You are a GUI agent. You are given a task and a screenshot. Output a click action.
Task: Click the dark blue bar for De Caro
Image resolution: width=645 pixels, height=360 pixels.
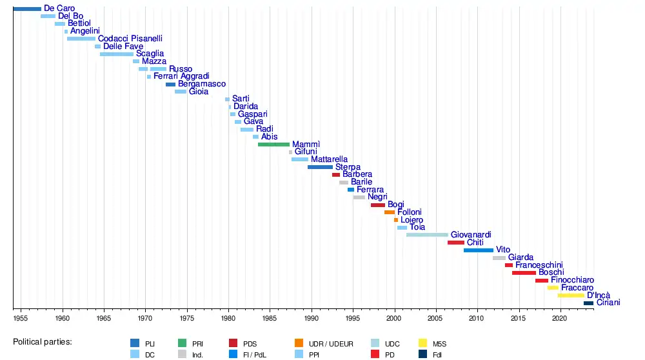click(27, 8)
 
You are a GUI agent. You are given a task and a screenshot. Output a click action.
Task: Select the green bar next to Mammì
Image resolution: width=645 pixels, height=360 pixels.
click(273, 145)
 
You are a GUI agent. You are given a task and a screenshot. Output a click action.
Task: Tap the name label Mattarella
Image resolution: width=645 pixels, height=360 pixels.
click(329, 159)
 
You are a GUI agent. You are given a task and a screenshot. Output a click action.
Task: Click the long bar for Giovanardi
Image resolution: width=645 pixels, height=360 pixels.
click(427, 235)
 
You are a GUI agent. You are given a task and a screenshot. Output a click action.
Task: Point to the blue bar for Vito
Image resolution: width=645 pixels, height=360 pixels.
click(478, 250)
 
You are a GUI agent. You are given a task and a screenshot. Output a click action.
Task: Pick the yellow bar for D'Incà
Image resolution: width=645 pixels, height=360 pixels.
click(571, 295)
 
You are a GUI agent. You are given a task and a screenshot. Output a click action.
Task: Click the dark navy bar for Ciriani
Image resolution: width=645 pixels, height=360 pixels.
click(588, 303)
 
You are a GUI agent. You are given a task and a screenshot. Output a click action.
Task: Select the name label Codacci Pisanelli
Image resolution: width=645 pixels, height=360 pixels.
click(130, 39)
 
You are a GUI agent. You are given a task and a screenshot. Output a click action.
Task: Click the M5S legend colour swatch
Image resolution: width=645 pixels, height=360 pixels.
click(423, 343)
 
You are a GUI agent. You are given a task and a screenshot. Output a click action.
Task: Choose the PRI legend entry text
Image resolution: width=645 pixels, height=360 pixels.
click(198, 344)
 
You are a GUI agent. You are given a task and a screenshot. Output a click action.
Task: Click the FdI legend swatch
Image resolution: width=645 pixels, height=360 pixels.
click(423, 354)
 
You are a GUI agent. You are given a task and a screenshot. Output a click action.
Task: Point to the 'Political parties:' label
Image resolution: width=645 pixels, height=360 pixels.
click(43, 341)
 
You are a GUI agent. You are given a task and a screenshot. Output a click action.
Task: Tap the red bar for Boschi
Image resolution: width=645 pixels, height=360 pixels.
click(524, 273)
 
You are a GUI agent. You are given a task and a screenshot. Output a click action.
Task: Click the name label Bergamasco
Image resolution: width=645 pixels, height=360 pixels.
click(202, 84)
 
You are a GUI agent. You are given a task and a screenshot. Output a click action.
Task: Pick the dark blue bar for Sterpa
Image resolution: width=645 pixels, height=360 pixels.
click(320, 167)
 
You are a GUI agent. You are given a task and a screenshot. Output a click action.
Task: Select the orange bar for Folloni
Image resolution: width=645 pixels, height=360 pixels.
click(390, 212)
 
